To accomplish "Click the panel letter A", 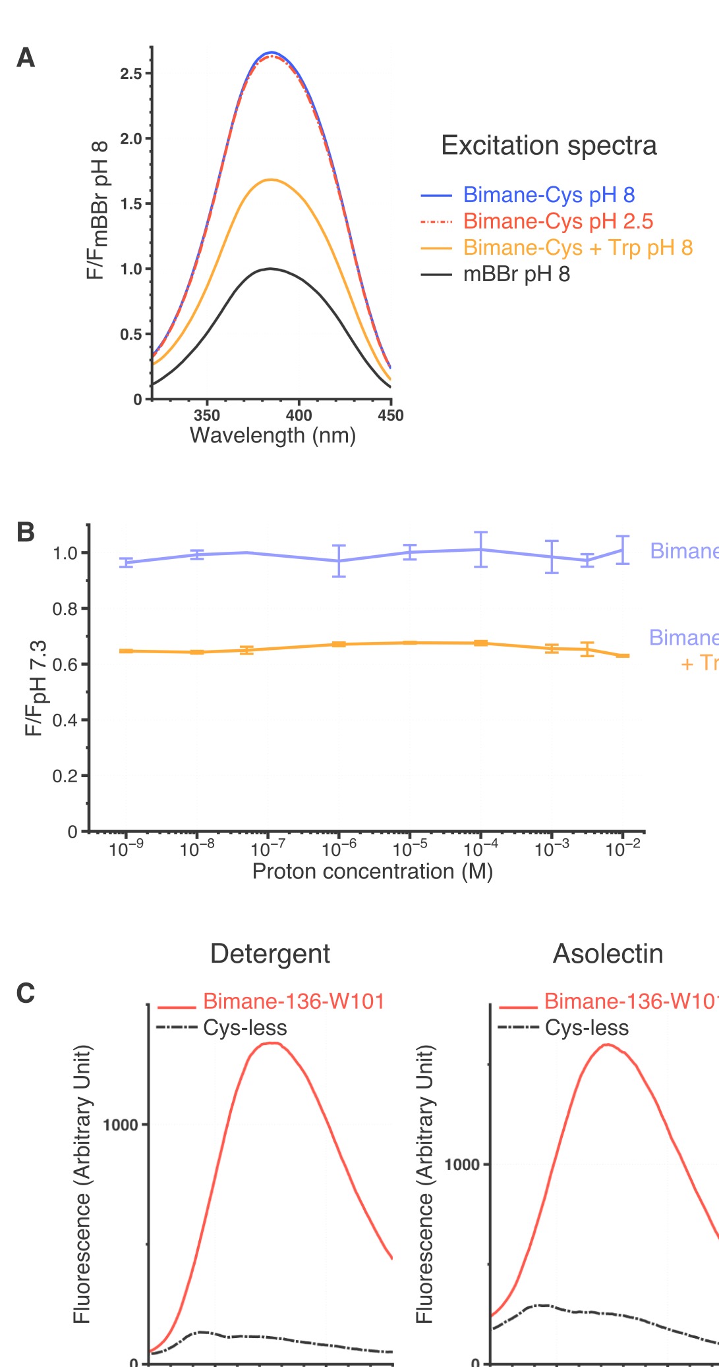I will coord(26,58).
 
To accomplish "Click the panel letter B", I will coord(25,532).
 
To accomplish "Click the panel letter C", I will coord(25,993).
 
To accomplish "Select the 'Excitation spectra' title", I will coord(548,146).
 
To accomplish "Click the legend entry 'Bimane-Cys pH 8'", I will coord(548,195).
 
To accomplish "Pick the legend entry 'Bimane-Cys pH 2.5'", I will coord(558,221).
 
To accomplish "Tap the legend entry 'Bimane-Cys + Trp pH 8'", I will coord(577,248).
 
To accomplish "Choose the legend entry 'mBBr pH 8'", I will coord(516,274).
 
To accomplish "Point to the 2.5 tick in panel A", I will coord(131,74).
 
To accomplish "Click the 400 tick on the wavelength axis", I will coord(299,415).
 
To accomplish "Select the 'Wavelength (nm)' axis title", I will coord(273,436).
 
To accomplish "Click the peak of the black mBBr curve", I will coord(270,269).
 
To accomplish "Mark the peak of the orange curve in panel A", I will coord(270,179).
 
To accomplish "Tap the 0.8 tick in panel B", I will coord(65,608).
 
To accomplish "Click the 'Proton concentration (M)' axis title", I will coord(372,871).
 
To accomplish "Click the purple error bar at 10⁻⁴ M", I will coord(481,549).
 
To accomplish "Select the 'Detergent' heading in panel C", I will coord(270,953).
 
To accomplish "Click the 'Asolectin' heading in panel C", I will coord(608,953).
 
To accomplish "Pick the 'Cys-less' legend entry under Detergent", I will coord(244,1028).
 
